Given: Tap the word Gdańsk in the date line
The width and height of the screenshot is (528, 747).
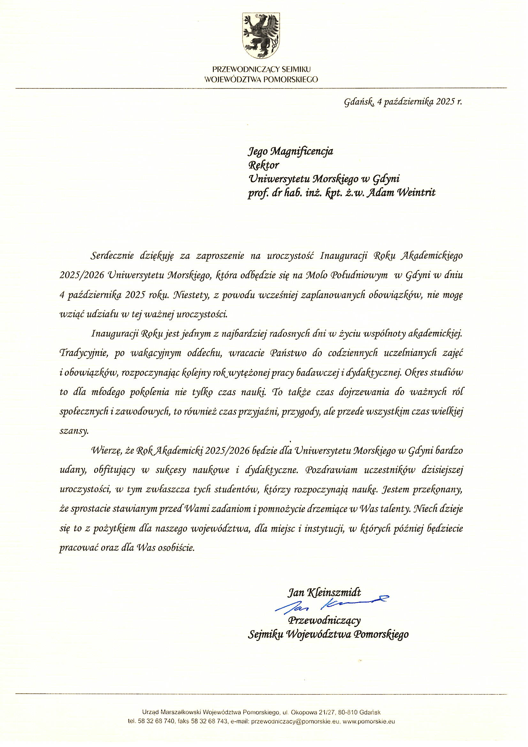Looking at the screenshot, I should click(x=358, y=103).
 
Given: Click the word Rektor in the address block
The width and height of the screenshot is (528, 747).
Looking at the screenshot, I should click(x=264, y=165).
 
